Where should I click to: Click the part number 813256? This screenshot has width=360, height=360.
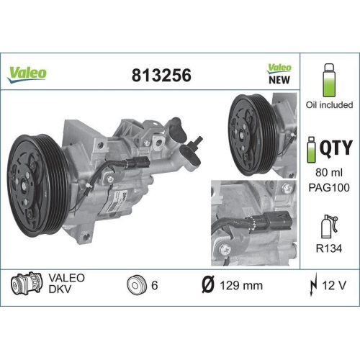pos(161,74)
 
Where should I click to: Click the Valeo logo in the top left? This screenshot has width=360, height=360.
pos(28,73)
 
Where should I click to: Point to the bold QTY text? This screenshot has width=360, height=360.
pos(336,148)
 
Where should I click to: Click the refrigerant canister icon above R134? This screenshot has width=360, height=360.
pos(328,225)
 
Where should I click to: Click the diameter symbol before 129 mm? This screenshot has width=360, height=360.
pos(205,284)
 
